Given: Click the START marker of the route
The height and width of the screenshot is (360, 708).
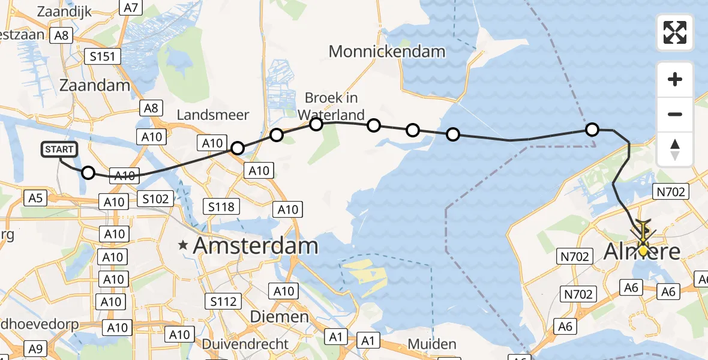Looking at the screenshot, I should (59, 149).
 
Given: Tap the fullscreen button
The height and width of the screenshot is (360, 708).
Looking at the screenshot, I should (675, 32).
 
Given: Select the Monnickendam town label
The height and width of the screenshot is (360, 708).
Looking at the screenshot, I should (387, 52).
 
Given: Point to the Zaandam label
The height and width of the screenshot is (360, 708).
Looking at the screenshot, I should (95, 85).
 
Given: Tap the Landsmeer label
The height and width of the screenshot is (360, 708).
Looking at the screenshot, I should (213, 115).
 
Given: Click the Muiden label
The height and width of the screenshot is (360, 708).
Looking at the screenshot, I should (431, 344).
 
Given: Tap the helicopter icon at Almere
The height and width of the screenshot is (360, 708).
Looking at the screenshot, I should (643, 231).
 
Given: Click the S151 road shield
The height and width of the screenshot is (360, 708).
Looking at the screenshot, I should (103, 57).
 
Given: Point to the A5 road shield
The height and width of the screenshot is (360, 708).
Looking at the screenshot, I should (35, 197).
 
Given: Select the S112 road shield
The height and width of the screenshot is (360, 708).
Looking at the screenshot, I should (223, 301).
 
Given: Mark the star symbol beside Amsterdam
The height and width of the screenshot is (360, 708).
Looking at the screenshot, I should (183, 245).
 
